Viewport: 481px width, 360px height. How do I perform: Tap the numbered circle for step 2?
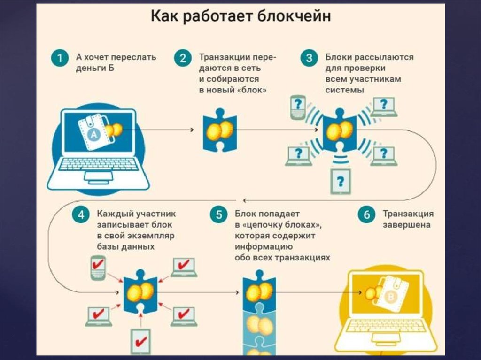coord(183,59)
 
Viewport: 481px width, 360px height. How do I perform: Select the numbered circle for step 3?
coord(309,59)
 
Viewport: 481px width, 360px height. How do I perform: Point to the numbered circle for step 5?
coord(219,215)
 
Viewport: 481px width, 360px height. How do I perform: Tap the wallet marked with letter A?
coord(94,133)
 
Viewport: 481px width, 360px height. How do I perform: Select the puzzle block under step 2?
coord(219,130)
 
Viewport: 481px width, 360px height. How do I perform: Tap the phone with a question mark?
coord(298,107)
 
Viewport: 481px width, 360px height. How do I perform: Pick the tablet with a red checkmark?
coord(140,342)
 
